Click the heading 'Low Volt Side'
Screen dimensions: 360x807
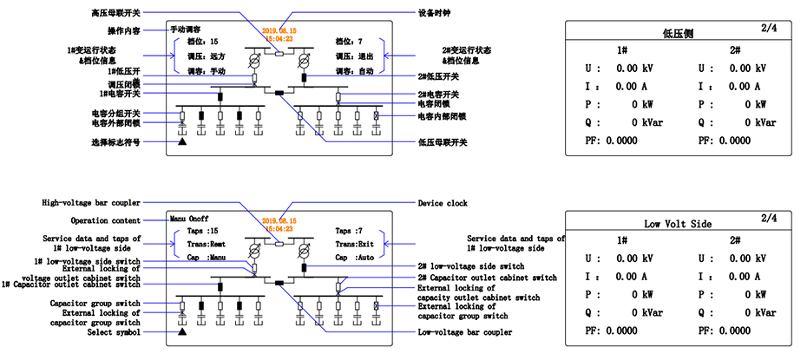(x=679, y=224)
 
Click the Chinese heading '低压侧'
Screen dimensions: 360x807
(x=678, y=34)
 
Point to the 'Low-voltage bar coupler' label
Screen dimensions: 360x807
(x=464, y=332)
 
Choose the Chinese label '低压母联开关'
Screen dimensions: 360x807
(x=443, y=141)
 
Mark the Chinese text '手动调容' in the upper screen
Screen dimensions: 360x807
(x=184, y=29)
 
